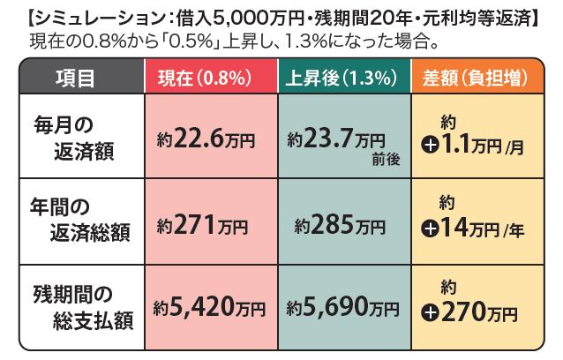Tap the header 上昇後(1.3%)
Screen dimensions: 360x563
point(344,77)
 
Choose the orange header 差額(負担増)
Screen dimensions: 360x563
point(477,77)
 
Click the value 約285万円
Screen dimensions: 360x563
point(341,226)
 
